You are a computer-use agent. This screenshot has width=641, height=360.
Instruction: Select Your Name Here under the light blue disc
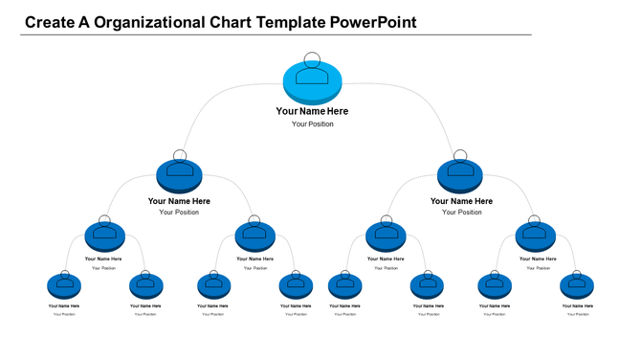(313, 111)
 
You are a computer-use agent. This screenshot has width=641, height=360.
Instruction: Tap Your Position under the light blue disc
(313, 124)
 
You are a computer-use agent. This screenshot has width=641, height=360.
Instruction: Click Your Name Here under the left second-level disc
(179, 201)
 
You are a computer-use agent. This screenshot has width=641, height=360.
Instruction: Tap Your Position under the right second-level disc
(462, 213)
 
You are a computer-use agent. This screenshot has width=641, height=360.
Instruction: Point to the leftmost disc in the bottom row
(64, 285)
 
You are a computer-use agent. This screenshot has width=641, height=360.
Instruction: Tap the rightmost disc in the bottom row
(577, 285)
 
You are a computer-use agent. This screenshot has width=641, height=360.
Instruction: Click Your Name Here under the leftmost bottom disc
(64, 305)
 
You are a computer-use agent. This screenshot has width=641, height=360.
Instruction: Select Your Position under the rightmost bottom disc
(578, 314)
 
